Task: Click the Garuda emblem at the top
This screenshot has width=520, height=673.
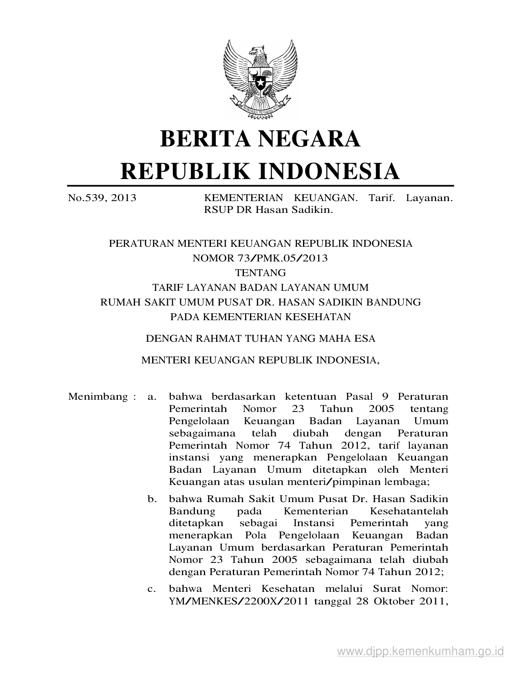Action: [x=260, y=79]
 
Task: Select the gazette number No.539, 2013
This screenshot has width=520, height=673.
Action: [x=102, y=198]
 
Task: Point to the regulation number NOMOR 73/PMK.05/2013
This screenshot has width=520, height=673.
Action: [x=260, y=258]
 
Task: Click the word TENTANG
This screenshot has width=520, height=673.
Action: [x=260, y=273]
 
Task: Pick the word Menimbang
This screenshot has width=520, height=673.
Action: [x=98, y=396]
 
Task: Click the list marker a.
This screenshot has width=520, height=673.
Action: [x=152, y=396]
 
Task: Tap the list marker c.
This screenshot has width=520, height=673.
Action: [x=152, y=589]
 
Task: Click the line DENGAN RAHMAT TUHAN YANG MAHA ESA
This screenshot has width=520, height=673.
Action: [x=260, y=338]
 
